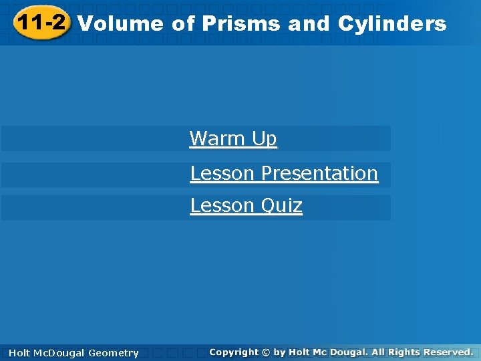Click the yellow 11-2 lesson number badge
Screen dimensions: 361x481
[41, 24]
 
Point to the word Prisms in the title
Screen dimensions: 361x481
[242, 24]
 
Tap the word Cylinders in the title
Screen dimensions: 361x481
[392, 24]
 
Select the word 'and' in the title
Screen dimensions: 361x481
[309, 24]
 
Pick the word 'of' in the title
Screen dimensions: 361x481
[182, 24]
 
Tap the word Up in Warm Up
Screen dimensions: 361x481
[265, 139]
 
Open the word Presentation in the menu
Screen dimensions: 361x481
[319, 173]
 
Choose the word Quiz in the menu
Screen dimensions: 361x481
[282, 206]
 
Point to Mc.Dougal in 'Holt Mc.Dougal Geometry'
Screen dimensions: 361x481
[58, 353]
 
